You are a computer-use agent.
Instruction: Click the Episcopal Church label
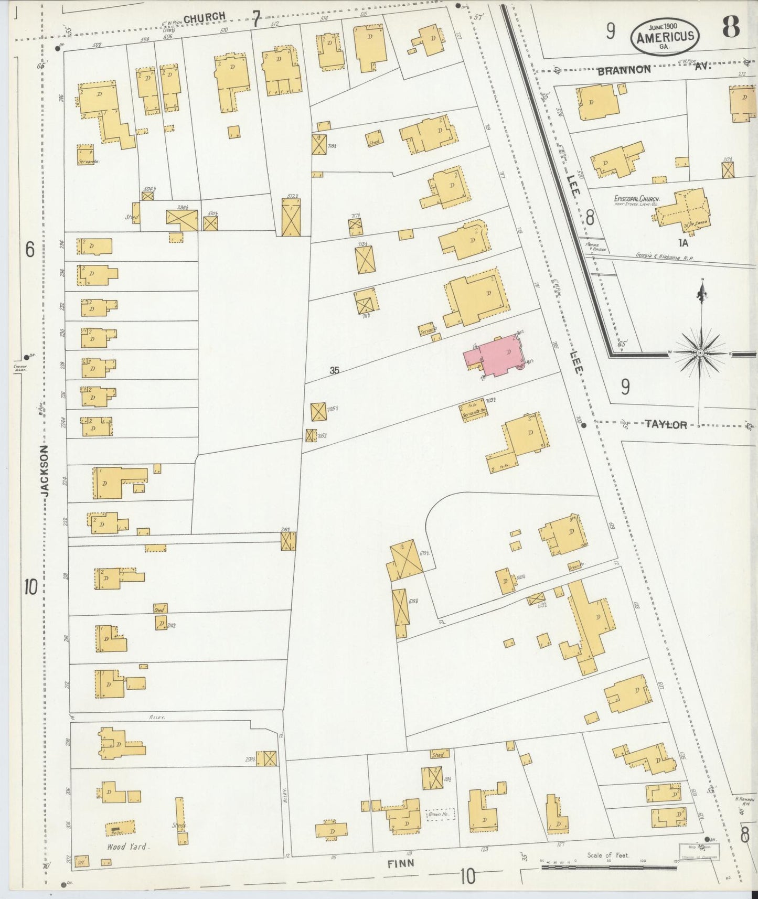636,199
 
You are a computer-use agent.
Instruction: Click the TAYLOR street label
666,425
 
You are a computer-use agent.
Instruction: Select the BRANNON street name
624,69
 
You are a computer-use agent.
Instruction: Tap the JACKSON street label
46,471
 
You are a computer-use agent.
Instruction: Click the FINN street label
401,863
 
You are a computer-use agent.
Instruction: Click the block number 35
334,370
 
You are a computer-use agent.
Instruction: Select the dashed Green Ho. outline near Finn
440,814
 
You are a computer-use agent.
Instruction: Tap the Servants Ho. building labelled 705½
473,412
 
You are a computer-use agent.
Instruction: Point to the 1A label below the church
682,243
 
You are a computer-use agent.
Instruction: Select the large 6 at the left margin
30,250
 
